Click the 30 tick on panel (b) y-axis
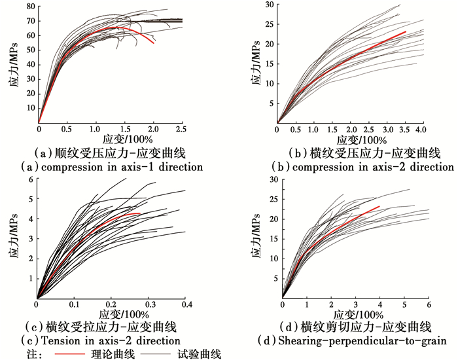point(268,5)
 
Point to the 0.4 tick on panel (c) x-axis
point(185,304)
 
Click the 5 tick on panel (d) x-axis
point(404,304)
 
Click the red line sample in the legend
point(86,354)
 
